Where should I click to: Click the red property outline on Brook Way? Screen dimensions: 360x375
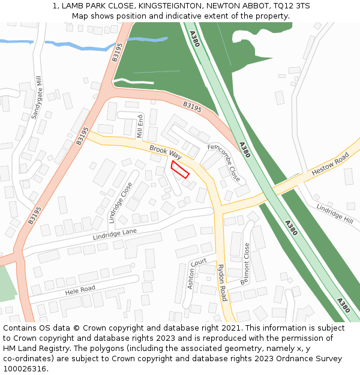point(180,169)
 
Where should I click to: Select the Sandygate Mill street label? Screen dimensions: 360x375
point(37,97)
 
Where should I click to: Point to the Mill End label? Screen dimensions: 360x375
point(140,126)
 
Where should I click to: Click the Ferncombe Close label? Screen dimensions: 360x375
point(224,163)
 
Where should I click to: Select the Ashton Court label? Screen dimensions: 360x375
point(196,273)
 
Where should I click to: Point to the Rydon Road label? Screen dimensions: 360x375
point(221,283)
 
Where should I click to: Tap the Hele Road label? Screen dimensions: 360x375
point(80,289)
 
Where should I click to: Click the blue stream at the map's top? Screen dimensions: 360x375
point(60,43)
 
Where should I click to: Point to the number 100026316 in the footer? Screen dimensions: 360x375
point(25,369)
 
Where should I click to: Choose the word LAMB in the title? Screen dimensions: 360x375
point(74,5)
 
